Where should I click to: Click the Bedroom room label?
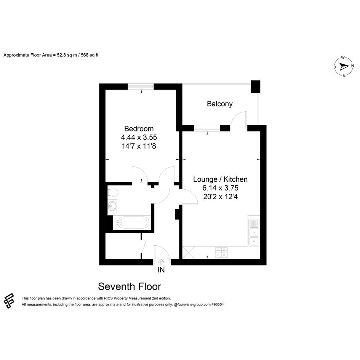[139, 129]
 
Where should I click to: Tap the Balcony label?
[220, 104]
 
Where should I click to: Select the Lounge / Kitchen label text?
[221, 179]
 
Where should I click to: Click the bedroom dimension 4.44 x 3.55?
[139, 137]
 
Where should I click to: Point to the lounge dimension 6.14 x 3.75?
[221, 188]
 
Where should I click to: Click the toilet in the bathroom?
[113, 192]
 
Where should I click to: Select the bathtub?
[131, 222]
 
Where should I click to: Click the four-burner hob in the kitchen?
[221, 253]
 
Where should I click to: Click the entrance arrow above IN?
[161, 262]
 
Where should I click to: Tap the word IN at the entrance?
[161, 270]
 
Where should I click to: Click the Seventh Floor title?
[130, 286]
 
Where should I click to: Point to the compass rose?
[344, 67]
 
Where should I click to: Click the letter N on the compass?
[352, 66]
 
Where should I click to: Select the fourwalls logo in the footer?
[9, 301]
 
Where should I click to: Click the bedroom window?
[141, 86]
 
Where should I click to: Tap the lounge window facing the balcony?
[207, 128]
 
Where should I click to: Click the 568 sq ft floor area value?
[90, 55]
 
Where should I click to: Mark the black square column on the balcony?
[255, 86]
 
